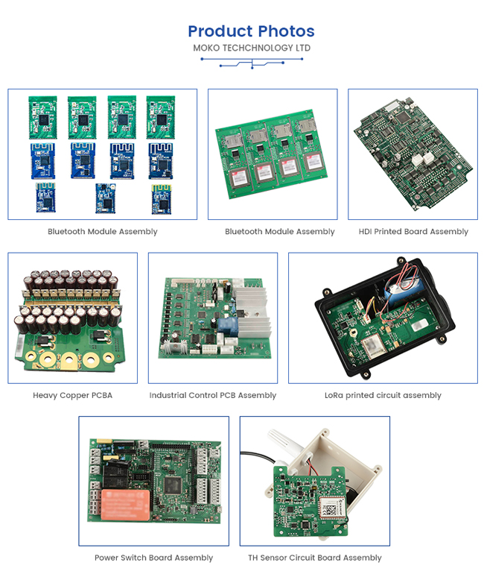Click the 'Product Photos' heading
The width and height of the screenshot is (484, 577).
pyautogui.click(x=252, y=31)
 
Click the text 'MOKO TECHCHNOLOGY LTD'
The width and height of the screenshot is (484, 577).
pyautogui.click(x=252, y=48)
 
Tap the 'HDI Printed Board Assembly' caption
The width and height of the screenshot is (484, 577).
pyautogui.click(x=413, y=231)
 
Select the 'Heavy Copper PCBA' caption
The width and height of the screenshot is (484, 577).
pyautogui.click(x=73, y=395)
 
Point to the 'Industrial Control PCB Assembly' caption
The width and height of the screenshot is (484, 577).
pyautogui.click(x=213, y=395)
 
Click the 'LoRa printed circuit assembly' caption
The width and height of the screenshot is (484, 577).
pyautogui.click(x=383, y=395)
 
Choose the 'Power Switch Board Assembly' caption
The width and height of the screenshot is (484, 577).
pyautogui.click(x=153, y=558)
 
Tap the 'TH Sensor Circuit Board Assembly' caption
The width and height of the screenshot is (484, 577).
pyautogui.click(x=315, y=558)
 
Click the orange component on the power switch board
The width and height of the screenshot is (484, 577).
pyautogui.click(x=126, y=505)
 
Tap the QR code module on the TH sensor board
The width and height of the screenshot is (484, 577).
pyautogui.click(x=331, y=508)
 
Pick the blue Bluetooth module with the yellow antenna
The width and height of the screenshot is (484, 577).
pyautogui.click(x=162, y=199)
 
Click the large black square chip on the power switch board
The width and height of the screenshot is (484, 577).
pyautogui.click(x=173, y=485)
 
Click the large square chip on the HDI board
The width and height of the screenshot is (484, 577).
pyautogui.click(x=403, y=117)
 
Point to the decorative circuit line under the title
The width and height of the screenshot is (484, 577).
pyautogui.click(x=252, y=63)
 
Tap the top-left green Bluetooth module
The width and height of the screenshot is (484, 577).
pyautogui.click(x=43, y=118)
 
